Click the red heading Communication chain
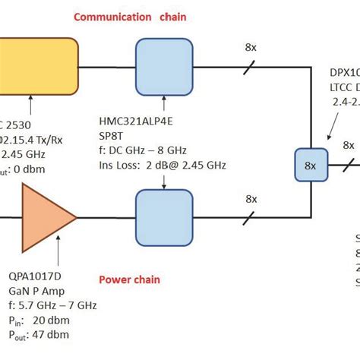pos(141,17)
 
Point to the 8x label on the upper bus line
pos(250,47)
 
